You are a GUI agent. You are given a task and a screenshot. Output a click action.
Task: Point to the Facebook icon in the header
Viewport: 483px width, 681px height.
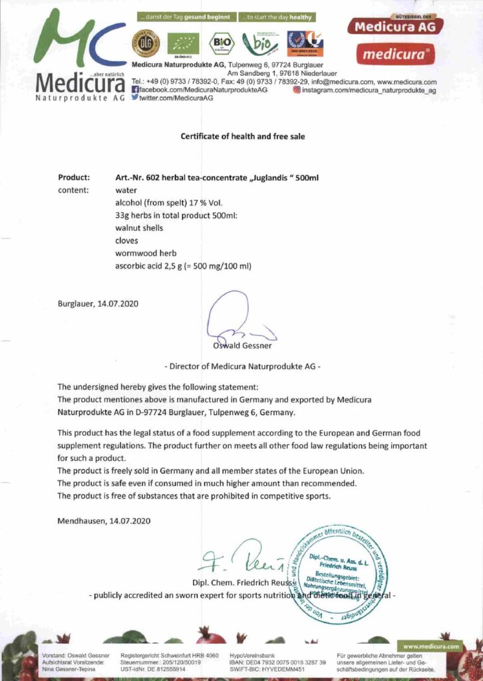click(x=136, y=89)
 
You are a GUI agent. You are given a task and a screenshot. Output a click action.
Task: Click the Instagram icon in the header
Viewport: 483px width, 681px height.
click(x=296, y=89)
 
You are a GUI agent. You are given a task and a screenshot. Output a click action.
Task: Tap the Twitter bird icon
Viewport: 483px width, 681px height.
click(x=136, y=97)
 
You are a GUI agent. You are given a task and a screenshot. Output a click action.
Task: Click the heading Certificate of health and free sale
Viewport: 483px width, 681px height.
click(x=242, y=136)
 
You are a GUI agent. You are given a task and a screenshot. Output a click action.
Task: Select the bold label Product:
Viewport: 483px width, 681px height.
click(x=73, y=178)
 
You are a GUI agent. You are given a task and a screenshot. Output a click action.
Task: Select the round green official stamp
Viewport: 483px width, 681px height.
click(x=340, y=573)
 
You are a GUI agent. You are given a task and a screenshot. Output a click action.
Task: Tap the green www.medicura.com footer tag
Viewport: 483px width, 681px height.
click(x=431, y=646)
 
